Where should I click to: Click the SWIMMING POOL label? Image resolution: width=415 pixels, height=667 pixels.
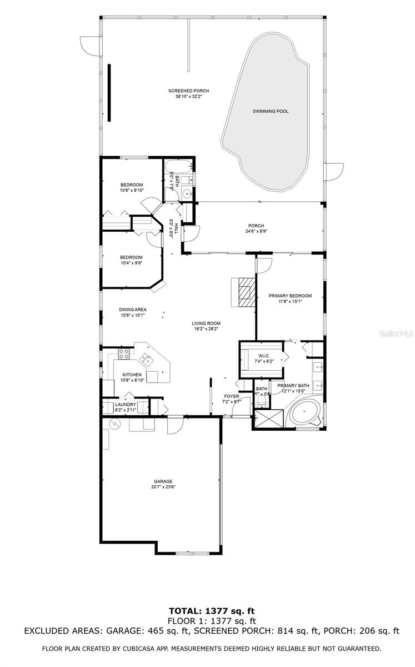point(271,111)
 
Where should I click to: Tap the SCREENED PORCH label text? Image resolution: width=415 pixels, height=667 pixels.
point(189,91)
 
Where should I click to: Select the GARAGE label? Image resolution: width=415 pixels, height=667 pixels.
point(163,481)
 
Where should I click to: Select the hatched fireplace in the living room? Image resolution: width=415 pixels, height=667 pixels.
point(244,291)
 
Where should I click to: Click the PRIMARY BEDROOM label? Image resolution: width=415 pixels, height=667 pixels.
point(290,296)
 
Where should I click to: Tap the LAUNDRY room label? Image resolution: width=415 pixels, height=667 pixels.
point(125,404)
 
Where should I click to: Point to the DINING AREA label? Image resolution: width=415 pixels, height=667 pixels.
point(132,310)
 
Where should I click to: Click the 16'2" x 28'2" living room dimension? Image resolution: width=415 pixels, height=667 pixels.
point(205,328)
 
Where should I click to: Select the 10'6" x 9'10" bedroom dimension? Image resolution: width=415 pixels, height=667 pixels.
point(131,191)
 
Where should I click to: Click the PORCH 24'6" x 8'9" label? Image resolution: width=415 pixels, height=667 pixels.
point(256,228)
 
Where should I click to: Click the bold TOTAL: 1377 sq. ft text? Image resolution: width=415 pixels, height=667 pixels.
point(207,610)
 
